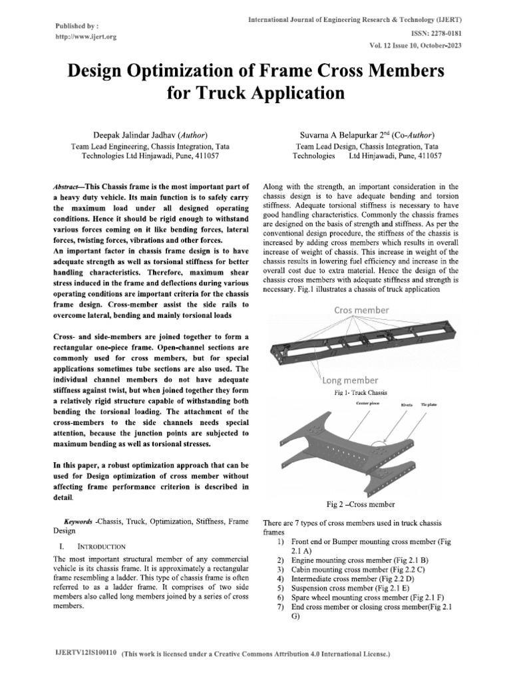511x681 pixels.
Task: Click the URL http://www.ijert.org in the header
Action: [x=86, y=37]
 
